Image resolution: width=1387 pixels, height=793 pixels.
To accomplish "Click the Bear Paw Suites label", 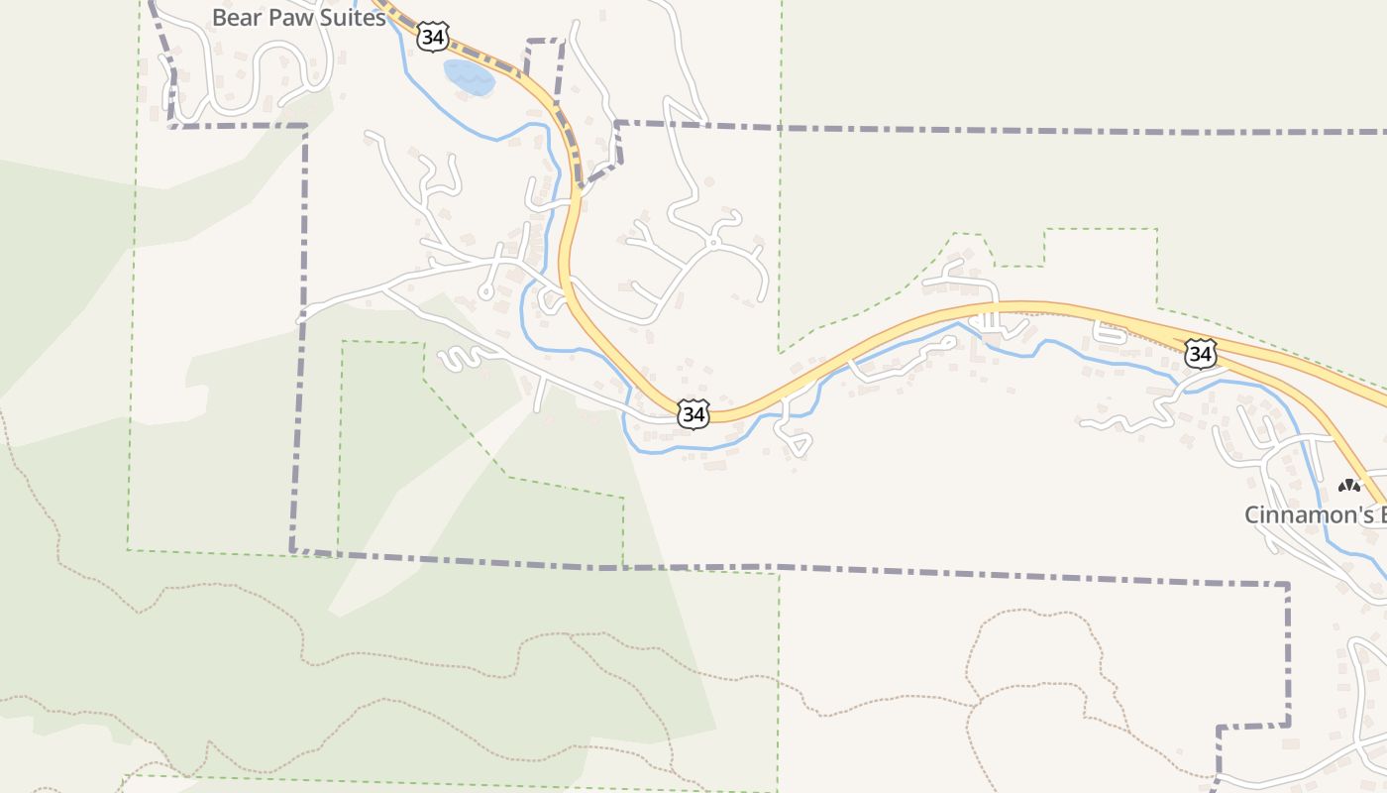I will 298,17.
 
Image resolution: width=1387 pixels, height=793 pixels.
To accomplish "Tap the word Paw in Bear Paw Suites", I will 294,17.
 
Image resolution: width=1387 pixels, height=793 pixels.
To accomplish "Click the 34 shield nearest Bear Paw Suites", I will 432,37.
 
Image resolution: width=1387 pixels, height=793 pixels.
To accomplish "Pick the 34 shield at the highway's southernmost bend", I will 693,414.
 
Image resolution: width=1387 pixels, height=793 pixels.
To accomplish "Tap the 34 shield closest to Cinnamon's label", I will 1200,354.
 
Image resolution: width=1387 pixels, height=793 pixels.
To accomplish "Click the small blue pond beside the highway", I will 469,76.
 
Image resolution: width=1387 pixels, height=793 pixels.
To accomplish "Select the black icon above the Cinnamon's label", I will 1348,486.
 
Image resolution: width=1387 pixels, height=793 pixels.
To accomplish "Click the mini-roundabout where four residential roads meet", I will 712,242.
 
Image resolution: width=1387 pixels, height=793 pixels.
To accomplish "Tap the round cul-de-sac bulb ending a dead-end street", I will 485,291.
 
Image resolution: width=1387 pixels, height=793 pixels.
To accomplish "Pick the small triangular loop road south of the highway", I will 796,441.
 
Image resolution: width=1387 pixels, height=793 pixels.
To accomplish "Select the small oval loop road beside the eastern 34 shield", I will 1111,334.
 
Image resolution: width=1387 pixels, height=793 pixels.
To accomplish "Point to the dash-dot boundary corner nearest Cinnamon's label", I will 1288,585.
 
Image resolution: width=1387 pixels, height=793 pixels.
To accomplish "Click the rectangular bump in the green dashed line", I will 1100,230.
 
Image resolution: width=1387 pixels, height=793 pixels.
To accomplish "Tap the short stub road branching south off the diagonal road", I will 540,395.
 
